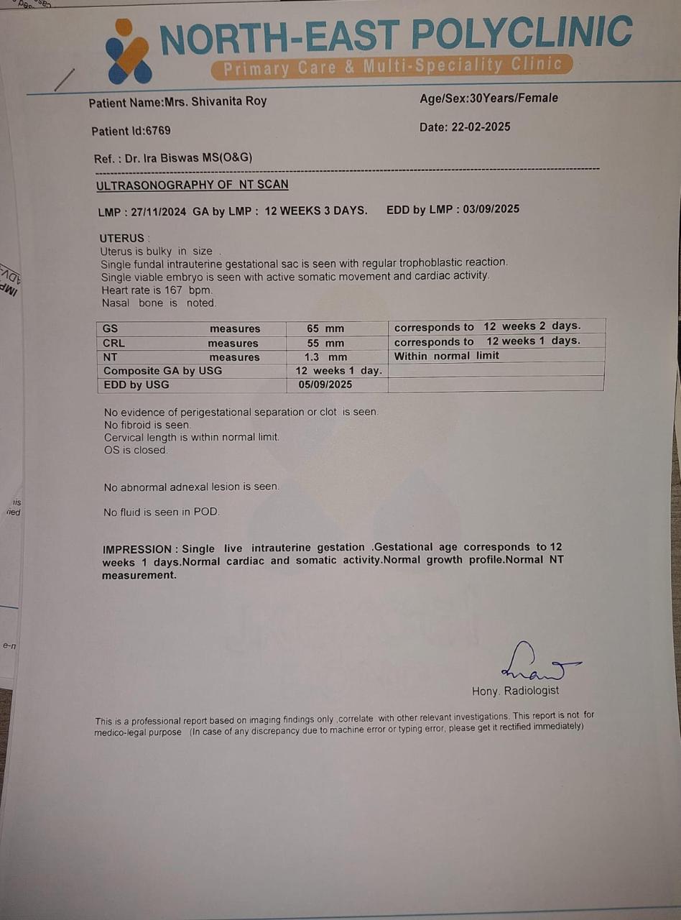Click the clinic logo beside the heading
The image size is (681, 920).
tap(128, 52)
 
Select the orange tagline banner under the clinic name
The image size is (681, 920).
tap(392, 67)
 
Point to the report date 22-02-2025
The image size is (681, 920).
tap(481, 127)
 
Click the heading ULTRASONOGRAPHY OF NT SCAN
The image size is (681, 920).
tap(193, 185)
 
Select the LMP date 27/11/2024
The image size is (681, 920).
tap(159, 211)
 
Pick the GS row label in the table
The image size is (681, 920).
tap(111, 328)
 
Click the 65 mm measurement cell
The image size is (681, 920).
tap(325, 328)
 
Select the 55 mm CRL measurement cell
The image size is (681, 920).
tap(325, 343)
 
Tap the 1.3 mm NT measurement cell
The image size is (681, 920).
tap(325, 356)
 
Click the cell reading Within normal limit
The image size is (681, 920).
tap(446, 356)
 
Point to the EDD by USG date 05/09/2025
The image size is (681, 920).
tap(325, 385)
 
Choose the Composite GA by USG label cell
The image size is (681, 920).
tap(163, 371)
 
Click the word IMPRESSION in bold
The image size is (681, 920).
tap(137, 549)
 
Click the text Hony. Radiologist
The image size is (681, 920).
tap(515, 691)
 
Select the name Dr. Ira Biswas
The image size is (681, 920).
tap(167, 158)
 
